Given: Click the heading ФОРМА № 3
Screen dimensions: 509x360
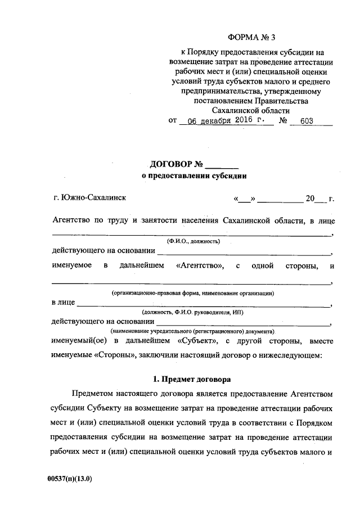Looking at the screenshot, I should click(x=253, y=38).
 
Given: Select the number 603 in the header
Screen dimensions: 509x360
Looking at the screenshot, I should click(x=307, y=121).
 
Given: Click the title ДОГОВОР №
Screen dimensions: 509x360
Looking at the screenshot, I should click(x=176, y=165).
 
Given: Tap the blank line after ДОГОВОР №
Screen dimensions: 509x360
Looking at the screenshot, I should click(x=222, y=166).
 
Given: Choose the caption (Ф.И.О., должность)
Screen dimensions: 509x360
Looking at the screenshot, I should click(x=193, y=241).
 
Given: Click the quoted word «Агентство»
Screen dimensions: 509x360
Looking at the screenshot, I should click(x=200, y=265).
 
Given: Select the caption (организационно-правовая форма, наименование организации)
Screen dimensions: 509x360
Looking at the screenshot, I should click(x=193, y=293).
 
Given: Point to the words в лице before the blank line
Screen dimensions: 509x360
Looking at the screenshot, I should click(x=63, y=303).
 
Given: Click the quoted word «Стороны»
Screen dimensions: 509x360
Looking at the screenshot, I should click(x=109, y=355).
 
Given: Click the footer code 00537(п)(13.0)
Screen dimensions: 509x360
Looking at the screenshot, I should click(x=70, y=479).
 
